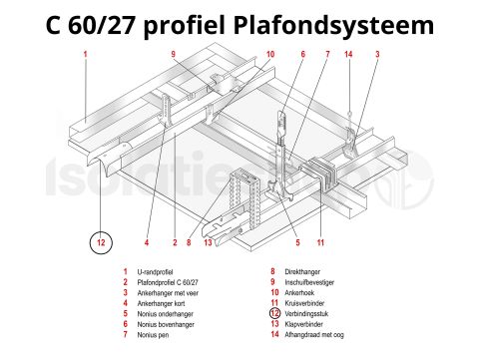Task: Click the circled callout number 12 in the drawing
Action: [100, 241]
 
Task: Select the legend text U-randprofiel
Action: [161, 271]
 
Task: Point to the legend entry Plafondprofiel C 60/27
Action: [169, 283]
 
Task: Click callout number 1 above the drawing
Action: [86, 53]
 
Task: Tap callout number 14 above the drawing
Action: [348, 53]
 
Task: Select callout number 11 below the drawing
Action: [320, 242]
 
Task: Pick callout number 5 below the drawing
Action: [296, 242]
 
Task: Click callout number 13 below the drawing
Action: [208, 242]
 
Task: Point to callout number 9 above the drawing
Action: [173, 53]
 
